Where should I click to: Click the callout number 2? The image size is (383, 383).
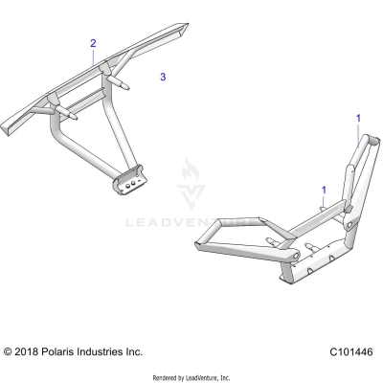coord(93,44)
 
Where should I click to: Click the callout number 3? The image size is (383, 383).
coord(163,76)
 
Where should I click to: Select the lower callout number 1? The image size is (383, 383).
coord(324,190)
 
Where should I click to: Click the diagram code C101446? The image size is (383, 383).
coord(349,352)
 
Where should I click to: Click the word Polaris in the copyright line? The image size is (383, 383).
coord(62,352)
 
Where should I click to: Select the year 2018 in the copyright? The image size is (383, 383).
coord(30,352)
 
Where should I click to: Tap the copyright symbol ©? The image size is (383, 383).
coord(10,352)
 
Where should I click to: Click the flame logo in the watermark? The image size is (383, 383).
coord(191,177)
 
